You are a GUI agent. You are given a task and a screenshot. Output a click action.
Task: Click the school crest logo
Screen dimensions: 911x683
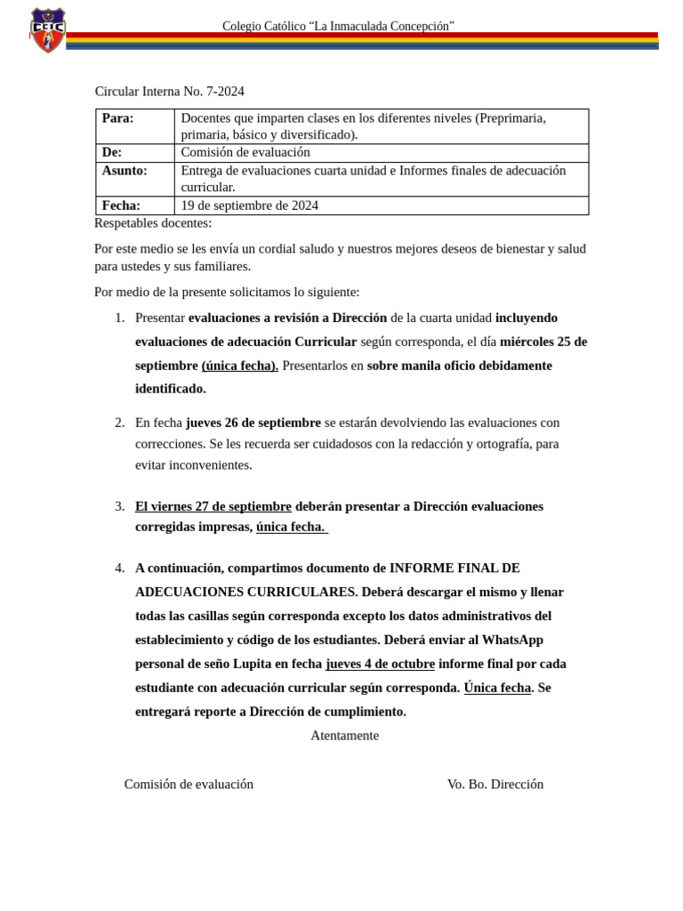47,30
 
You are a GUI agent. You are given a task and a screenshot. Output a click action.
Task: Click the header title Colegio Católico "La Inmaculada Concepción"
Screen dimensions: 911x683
338,27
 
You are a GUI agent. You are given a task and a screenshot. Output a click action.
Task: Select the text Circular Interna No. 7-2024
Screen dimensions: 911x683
169,92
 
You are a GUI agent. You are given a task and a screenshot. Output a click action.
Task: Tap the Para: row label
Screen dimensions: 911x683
117,118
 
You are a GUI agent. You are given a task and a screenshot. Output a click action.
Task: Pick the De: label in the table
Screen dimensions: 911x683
112,152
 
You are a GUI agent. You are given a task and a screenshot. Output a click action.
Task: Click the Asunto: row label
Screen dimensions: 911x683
125,170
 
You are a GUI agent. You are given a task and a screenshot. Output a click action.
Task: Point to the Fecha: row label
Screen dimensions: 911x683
121,206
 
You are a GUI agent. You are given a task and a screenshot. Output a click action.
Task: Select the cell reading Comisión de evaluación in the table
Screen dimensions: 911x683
245,152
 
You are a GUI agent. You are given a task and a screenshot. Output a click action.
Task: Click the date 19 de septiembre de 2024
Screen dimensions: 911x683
249,206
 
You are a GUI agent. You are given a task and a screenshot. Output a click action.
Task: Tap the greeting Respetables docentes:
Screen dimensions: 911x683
153,223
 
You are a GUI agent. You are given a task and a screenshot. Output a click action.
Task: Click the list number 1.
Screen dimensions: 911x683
119,318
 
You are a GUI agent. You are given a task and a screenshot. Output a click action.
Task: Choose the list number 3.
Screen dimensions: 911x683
119,506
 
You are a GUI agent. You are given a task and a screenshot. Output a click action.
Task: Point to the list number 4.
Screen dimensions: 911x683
119,568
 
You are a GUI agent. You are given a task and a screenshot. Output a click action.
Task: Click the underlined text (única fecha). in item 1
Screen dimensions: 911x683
240,366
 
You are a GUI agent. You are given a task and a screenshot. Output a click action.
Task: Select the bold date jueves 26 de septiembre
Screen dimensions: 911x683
253,423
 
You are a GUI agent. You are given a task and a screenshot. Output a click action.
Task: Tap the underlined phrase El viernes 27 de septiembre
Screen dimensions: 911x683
213,506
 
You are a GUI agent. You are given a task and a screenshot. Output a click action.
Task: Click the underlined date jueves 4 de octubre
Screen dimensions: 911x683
381,664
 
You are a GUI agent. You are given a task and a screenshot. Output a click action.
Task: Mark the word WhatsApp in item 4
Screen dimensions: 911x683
513,640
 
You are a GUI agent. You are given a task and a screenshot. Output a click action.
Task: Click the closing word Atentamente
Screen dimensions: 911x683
344,736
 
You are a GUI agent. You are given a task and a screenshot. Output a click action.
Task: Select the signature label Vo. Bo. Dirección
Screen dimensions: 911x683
495,784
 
